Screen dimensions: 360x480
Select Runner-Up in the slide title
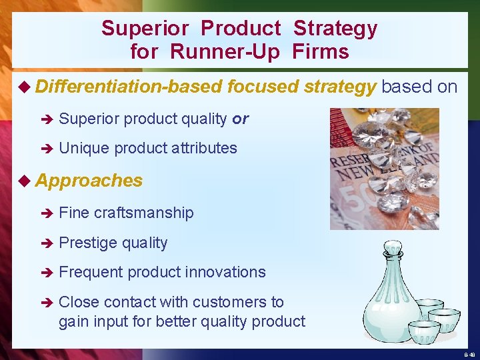[225, 51]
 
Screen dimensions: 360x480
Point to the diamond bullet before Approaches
[25, 181]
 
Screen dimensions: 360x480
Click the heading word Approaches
[89, 181]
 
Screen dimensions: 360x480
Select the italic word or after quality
[240, 119]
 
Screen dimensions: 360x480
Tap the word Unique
[84, 148]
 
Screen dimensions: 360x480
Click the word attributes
[204, 148]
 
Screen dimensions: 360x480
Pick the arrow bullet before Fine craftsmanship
[46, 213]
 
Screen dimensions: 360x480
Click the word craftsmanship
[144, 213]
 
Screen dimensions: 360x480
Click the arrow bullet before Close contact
[46, 302]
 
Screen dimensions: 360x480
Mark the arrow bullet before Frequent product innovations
[46, 273]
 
